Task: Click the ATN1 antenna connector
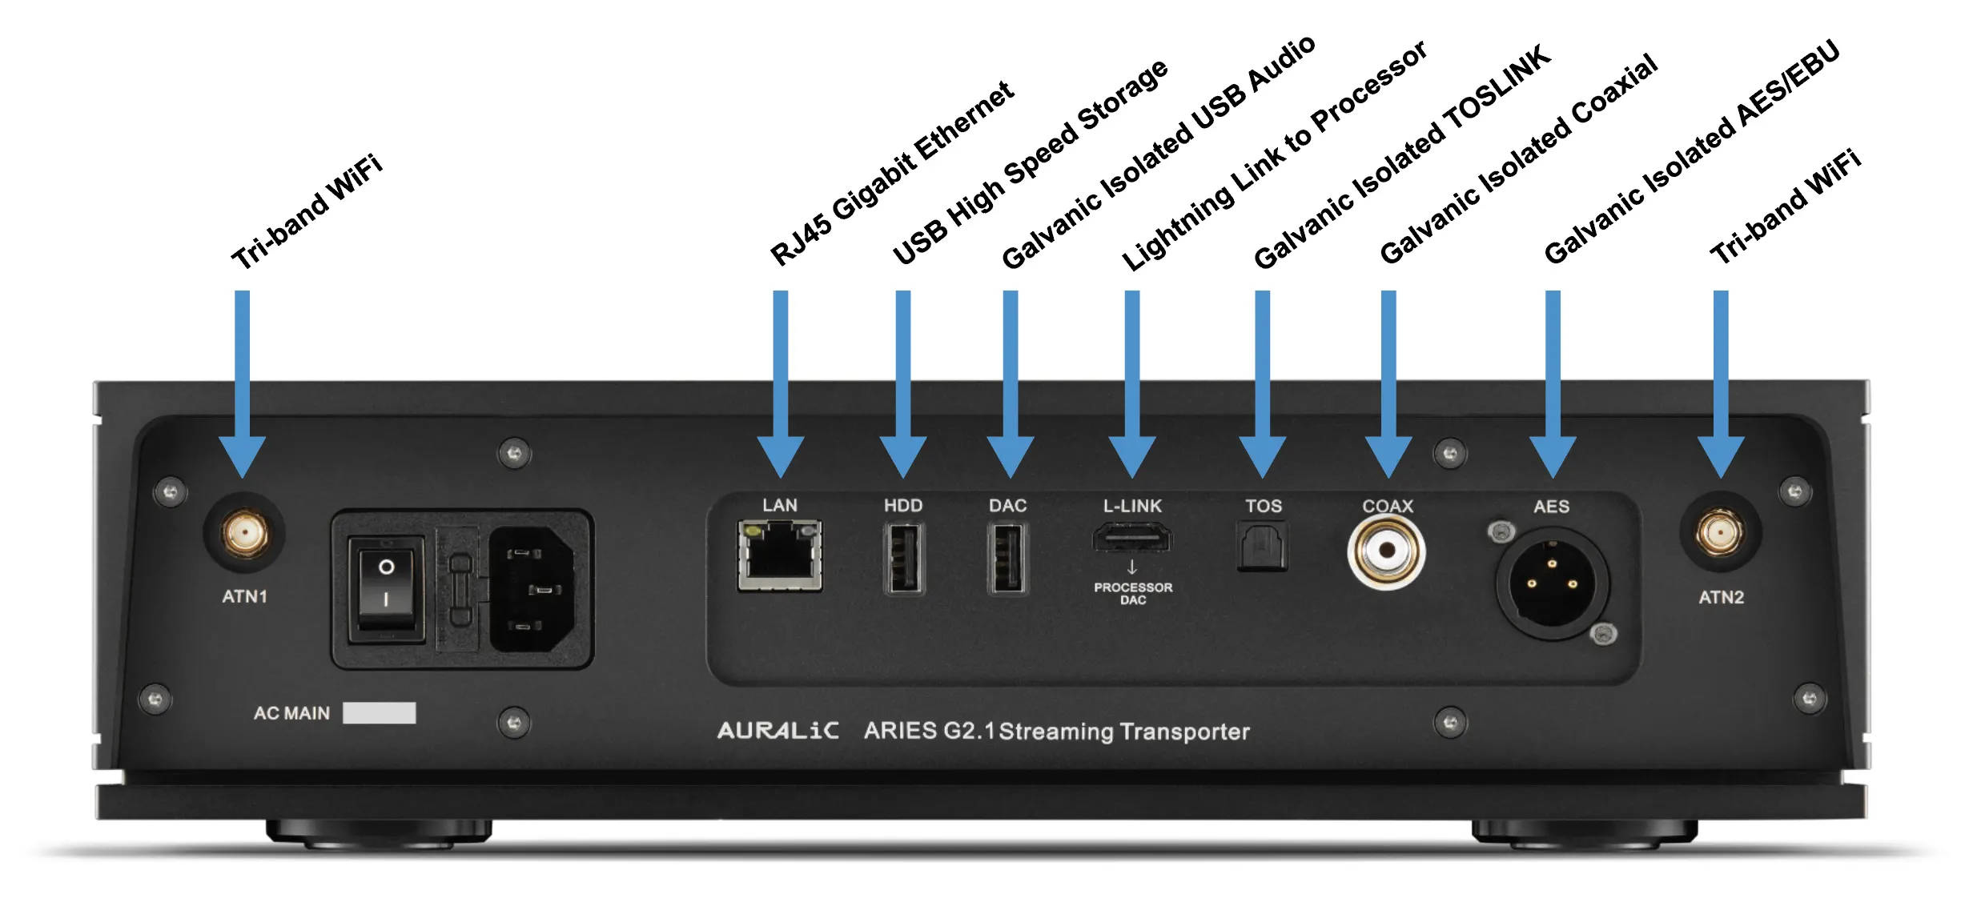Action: [x=245, y=533]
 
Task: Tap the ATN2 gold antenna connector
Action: [x=1720, y=533]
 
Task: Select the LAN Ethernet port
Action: [x=779, y=555]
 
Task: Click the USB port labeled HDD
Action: [x=903, y=558]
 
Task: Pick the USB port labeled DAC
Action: [x=1007, y=558]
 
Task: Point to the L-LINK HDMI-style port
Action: [x=1131, y=538]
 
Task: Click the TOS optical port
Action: [x=1263, y=546]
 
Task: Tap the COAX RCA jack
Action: [x=1386, y=552]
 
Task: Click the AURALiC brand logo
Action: [x=778, y=731]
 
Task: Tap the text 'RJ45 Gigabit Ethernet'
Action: [x=892, y=173]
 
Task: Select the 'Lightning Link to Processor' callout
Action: [x=1273, y=155]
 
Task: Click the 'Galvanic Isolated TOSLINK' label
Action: [x=1402, y=157]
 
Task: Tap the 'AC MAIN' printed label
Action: [x=291, y=713]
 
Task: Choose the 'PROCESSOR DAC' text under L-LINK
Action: [x=1132, y=593]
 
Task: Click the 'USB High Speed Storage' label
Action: [x=1031, y=162]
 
